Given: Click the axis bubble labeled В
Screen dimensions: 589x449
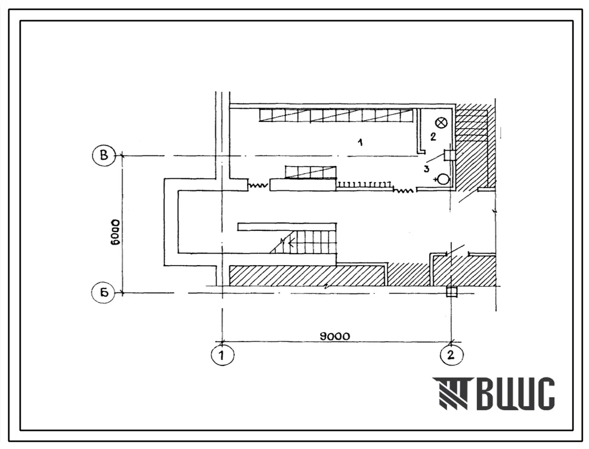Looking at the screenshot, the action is point(103,156).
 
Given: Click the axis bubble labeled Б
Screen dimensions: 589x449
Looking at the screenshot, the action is point(103,292).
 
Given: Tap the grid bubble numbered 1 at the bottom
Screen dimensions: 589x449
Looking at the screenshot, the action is point(222,354).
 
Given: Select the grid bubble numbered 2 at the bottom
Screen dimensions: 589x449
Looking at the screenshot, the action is point(451,354).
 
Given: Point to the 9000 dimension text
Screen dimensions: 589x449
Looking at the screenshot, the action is point(334,336).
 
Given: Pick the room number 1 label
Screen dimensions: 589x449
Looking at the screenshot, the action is point(360,142).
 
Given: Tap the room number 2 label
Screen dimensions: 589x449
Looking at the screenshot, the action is point(433,136).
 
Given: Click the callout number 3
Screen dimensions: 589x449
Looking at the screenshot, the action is point(426,169).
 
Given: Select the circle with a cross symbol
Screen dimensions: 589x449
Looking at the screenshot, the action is point(442,122).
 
